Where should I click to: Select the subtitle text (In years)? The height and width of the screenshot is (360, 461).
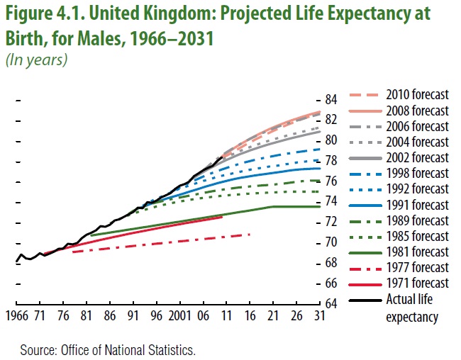click(x=36, y=60)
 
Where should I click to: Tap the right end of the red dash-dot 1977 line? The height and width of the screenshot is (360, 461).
click(x=250, y=234)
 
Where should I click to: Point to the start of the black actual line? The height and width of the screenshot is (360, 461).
click(x=16, y=263)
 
